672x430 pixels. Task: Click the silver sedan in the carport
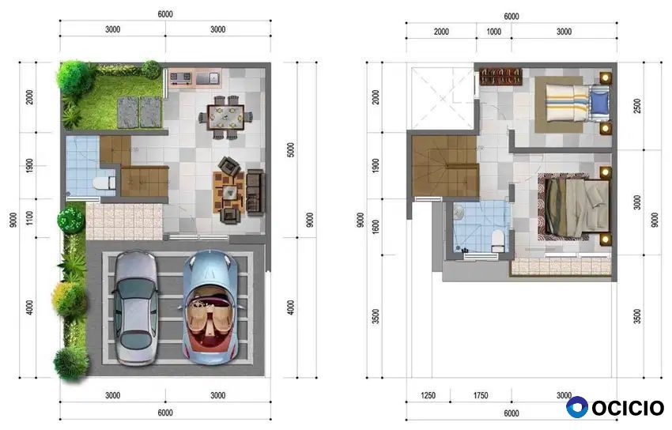pos(135,308)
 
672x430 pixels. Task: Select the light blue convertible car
pos(210,307)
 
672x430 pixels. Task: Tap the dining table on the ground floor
pos(225,117)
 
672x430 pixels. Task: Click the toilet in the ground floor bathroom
pos(104,183)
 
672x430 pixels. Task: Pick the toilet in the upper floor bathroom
pos(498,241)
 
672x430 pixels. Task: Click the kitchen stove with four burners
pos(180,78)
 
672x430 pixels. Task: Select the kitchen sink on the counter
pos(208,78)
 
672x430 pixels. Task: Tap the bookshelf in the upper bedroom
pos(500,77)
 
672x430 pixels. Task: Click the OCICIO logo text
pos(628,408)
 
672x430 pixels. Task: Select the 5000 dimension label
pos(291,150)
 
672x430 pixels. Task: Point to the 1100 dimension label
pos(29,218)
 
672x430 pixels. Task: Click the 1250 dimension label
pos(428,396)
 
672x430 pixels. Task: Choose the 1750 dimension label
pos(481,396)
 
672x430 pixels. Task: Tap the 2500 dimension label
pos(637,106)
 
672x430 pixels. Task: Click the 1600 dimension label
pos(376,227)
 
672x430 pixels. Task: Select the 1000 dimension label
pos(493,32)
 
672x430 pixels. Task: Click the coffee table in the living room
pos(229,191)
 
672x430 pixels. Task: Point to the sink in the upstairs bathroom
pos(459,212)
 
